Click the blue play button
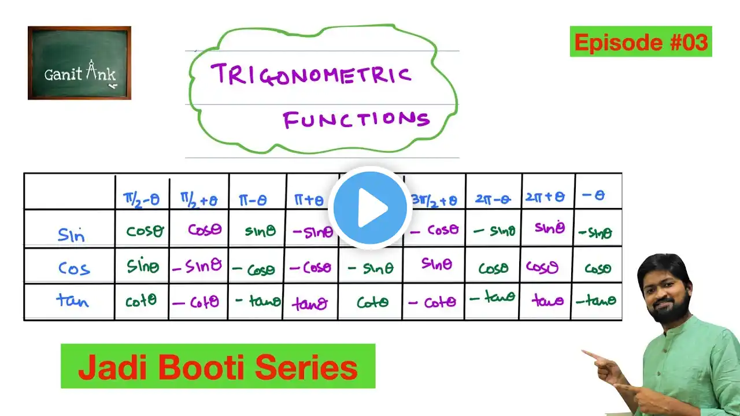(370, 208)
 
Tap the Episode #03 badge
(641, 42)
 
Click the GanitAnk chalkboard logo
(79, 63)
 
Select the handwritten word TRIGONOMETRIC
(311, 75)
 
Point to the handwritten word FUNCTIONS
(356, 120)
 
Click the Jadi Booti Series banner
(218, 366)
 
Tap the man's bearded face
(664, 289)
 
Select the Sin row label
(71, 235)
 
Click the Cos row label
(74, 268)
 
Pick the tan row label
(72, 300)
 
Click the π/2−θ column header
(142, 199)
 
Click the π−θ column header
(253, 200)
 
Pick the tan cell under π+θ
(310, 303)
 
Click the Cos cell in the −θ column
(598, 269)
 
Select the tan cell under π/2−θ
(140, 300)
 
